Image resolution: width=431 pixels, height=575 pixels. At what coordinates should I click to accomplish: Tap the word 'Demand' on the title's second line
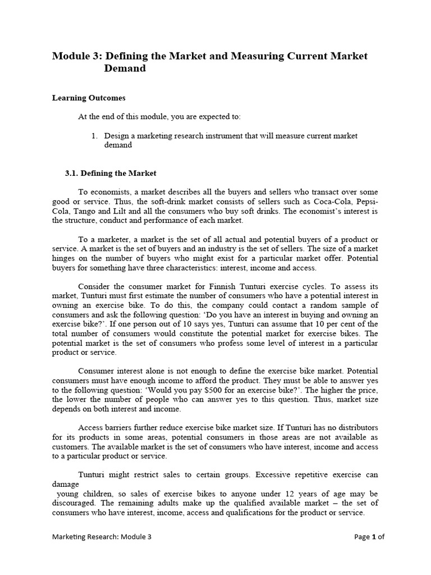click(x=125, y=69)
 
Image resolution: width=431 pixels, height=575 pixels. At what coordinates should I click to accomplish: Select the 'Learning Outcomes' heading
click(x=89, y=98)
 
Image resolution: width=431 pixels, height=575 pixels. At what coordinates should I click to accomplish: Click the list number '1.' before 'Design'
click(x=94, y=136)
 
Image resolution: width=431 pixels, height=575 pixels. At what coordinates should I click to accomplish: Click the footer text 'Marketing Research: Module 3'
click(x=102, y=537)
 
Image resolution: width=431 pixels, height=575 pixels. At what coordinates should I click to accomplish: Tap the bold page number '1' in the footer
click(x=373, y=537)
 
